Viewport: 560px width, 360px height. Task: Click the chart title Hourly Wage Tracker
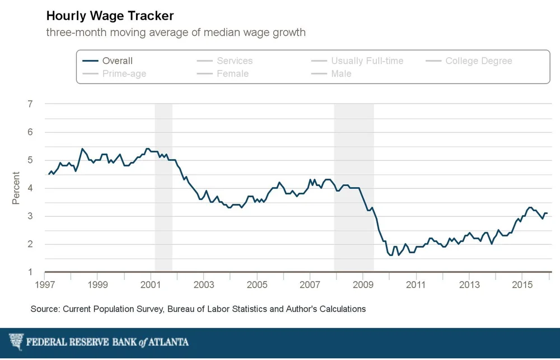pos(110,15)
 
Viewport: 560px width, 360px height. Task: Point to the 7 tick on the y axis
pos(30,104)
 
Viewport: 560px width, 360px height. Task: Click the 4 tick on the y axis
pos(30,188)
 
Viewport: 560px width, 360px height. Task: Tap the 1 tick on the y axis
pos(30,273)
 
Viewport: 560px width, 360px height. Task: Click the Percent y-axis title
pos(16,189)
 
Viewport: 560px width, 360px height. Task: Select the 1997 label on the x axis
pos(45,285)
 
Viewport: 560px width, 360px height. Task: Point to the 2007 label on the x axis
pos(310,285)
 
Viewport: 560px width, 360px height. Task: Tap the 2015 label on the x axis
pos(522,285)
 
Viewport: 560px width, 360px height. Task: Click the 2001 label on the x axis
pos(151,285)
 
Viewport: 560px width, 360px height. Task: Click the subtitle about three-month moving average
pos(176,32)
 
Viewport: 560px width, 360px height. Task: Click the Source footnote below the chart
pos(198,309)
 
